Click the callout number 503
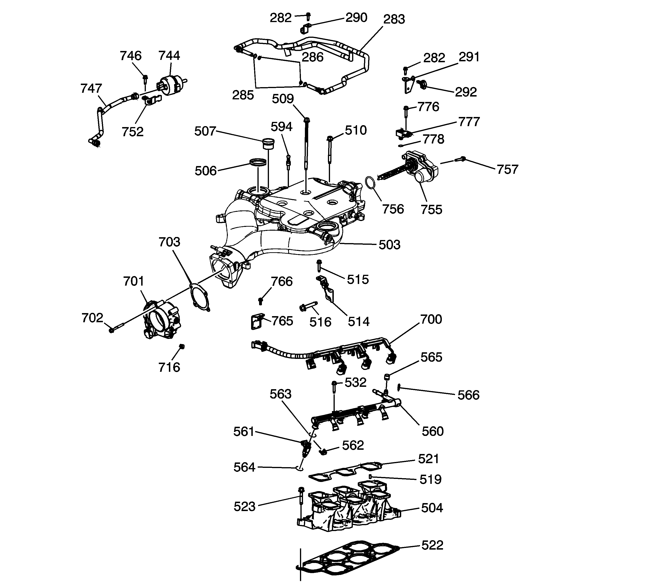pyautogui.click(x=389, y=245)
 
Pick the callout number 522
pyautogui.click(x=432, y=545)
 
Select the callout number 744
pyautogui.click(x=169, y=56)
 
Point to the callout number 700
pyautogui.click(x=431, y=319)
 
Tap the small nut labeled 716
pyautogui.click(x=182, y=346)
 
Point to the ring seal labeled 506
pyautogui.click(x=258, y=162)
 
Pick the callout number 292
pyautogui.click(x=466, y=92)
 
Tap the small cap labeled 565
pyautogui.click(x=388, y=376)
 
